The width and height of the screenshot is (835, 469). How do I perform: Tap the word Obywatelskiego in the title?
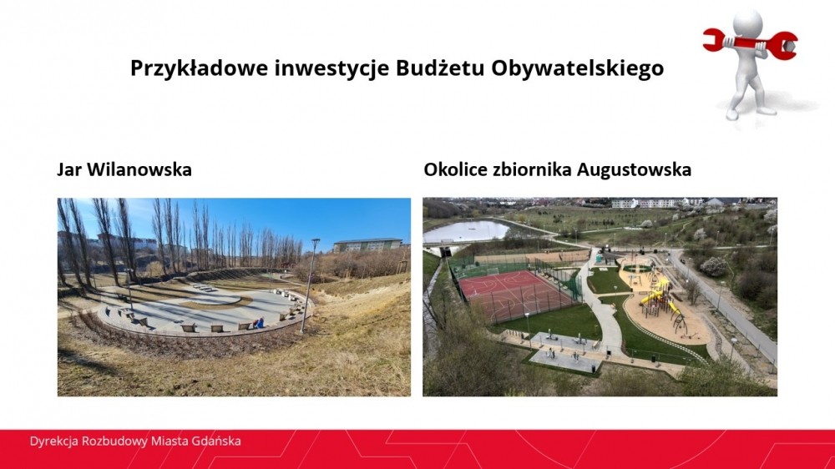pyautogui.click(x=577, y=68)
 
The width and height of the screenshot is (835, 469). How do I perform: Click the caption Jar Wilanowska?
pyautogui.click(x=124, y=169)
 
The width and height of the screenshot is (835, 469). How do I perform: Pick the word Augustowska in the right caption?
pyautogui.click(x=635, y=169)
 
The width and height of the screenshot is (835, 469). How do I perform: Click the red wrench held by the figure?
pyautogui.click(x=751, y=42)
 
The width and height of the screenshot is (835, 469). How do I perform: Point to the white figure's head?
pyautogui.click(x=747, y=23)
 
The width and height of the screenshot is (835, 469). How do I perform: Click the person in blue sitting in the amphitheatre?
pyautogui.click(x=260, y=323)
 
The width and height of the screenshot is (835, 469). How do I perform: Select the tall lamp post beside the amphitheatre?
pyautogui.click(x=309, y=286)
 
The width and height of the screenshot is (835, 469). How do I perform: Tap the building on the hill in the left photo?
pyautogui.click(x=368, y=245)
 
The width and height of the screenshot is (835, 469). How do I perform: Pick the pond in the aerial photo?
pyautogui.click(x=465, y=231)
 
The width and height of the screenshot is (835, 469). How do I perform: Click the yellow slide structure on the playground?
pyautogui.click(x=658, y=300)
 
